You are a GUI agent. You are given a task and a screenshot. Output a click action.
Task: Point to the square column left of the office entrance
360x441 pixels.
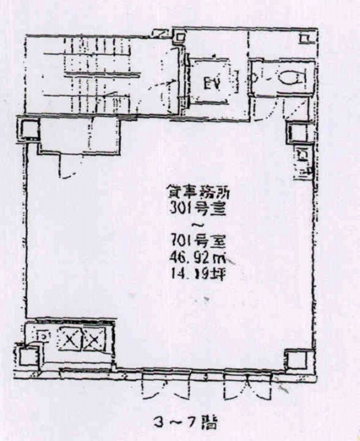click(x=27, y=129)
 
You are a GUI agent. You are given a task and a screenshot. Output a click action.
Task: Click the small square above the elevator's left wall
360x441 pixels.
click(x=179, y=38)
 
